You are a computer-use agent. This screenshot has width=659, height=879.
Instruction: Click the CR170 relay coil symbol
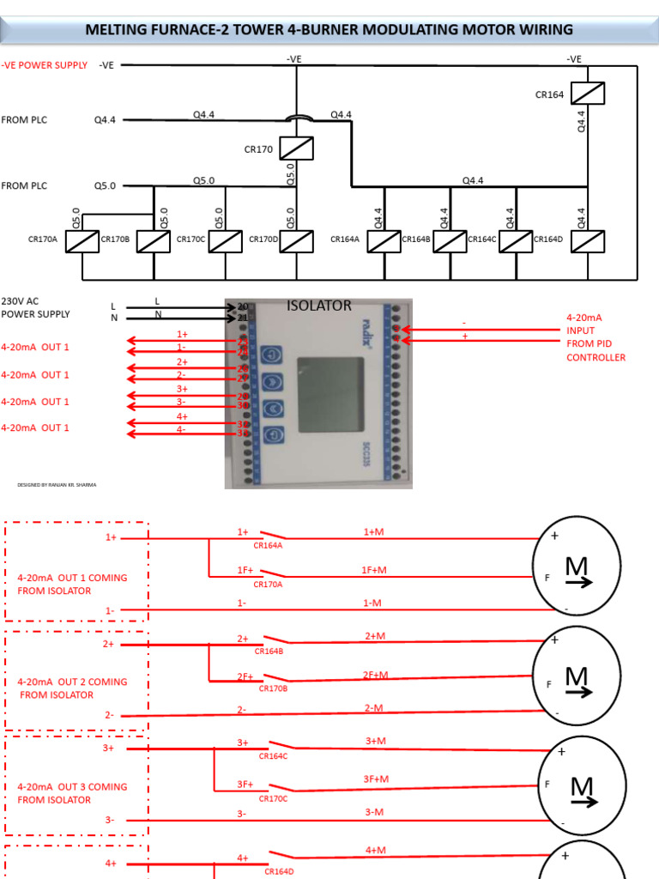point(296,149)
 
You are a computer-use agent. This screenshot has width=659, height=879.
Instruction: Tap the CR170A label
point(42,239)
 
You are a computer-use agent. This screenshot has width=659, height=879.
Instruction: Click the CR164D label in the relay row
point(547,239)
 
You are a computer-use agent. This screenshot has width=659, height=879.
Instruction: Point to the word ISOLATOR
point(318,306)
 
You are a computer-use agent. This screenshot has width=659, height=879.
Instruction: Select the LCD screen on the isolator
point(330,396)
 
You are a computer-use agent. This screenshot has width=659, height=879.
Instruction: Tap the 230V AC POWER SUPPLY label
point(35,307)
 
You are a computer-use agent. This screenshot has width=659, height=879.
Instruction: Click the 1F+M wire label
point(373,570)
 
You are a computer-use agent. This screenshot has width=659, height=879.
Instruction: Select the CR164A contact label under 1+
point(269,544)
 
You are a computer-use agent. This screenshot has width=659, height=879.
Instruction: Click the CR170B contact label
point(273,688)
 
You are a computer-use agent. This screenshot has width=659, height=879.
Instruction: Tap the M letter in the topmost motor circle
point(577,567)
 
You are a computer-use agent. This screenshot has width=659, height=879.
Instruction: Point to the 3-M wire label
point(373,812)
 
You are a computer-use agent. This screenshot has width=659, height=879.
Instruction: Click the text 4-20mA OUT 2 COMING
point(72,682)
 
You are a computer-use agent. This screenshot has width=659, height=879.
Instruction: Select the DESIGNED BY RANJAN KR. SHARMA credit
point(57,485)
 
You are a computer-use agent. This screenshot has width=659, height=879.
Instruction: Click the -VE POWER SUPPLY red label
point(44,64)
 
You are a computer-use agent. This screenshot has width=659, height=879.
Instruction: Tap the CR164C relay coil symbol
point(515,241)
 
